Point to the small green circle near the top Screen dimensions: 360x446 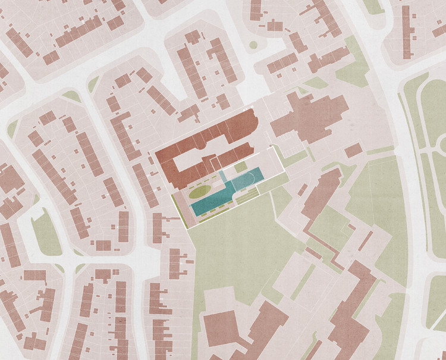tap(253, 45)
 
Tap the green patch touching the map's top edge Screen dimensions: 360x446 tap(373, 6)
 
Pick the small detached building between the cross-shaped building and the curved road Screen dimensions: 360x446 tap(353, 150)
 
